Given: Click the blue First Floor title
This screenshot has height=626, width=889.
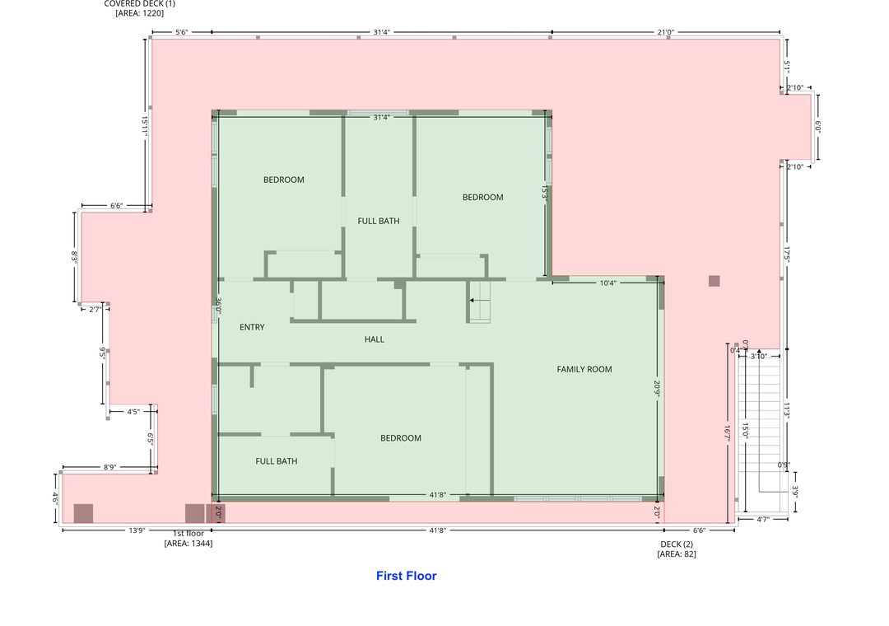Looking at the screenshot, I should tap(406, 576).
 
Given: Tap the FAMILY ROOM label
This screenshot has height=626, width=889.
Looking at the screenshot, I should tap(584, 369).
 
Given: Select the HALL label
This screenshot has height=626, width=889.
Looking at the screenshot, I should tap(375, 339).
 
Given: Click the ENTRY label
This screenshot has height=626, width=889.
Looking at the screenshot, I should tap(252, 327).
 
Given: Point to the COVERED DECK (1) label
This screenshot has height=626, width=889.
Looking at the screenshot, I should tap(139, 4).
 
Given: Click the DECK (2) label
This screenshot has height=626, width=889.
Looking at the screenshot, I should tap(677, 544).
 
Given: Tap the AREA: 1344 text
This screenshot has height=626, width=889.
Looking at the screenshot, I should tap(189, 544).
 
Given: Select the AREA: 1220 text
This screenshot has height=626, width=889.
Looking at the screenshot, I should tap(139, 13).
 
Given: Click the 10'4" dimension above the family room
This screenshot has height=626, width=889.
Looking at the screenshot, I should tap(607, 283).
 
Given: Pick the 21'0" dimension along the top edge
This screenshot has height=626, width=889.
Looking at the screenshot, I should tap(666, 32).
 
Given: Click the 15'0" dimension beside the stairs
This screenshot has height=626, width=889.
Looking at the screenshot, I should tap(744, 430).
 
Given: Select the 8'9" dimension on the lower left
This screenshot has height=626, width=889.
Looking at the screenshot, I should tap(109, 467).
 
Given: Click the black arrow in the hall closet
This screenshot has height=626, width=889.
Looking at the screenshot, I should tap(472, 301).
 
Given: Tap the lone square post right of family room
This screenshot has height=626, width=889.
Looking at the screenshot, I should tap(714, 281).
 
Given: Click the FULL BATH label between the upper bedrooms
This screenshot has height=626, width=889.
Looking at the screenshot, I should tap(379, 221).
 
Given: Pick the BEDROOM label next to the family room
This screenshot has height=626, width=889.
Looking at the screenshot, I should tap(401, 438).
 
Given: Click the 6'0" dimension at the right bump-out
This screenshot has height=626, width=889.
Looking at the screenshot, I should tap(818, 127).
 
